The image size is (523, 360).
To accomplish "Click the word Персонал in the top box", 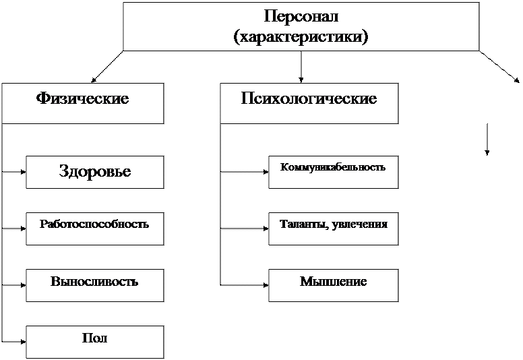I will click(301, 16).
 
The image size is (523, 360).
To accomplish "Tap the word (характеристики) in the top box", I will click(301, 36).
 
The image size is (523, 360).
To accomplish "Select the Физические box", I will click(82, 103).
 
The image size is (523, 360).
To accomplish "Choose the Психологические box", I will click(309, 103).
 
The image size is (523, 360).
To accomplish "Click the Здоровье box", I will click(95, 172).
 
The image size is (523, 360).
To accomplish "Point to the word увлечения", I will click(361, 223).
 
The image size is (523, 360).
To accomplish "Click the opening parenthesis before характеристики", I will click(235, 36).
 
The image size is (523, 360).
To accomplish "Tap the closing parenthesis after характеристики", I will click(366, 36).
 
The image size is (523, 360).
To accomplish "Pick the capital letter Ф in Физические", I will click(40, 99).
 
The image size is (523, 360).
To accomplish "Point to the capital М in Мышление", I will click(305, 281).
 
